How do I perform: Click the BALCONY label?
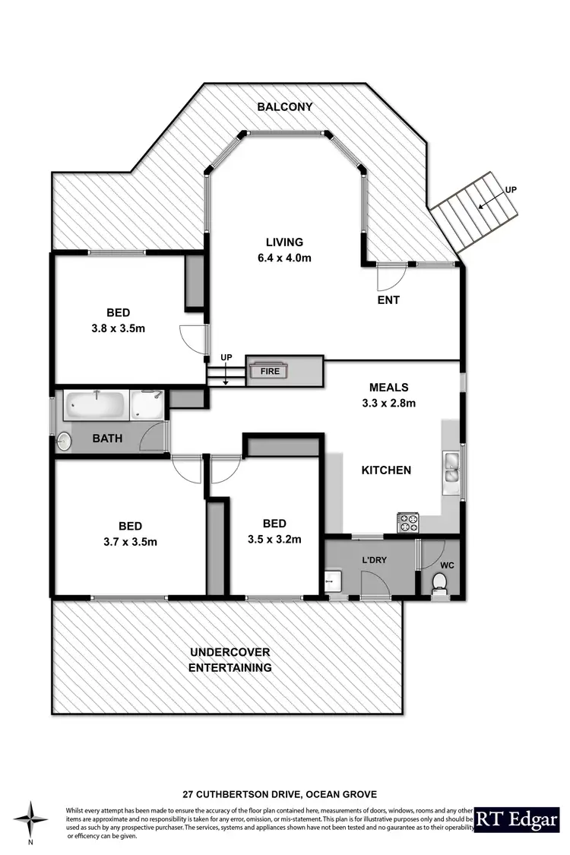coord(285,107)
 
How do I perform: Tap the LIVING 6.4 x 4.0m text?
coord(284,250)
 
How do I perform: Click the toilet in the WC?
coord(439,582)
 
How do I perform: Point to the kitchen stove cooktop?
coord(409,523)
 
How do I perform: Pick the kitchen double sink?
coord(450,467)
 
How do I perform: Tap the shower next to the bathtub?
coord(146,405)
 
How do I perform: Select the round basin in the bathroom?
coord(65,440)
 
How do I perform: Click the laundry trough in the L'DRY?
coord(333,581)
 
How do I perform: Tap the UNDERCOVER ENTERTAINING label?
coord(230,660)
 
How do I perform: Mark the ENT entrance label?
coord(388,300)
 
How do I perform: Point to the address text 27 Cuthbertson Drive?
coord(285,793)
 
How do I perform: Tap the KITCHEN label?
coord(385,470)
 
